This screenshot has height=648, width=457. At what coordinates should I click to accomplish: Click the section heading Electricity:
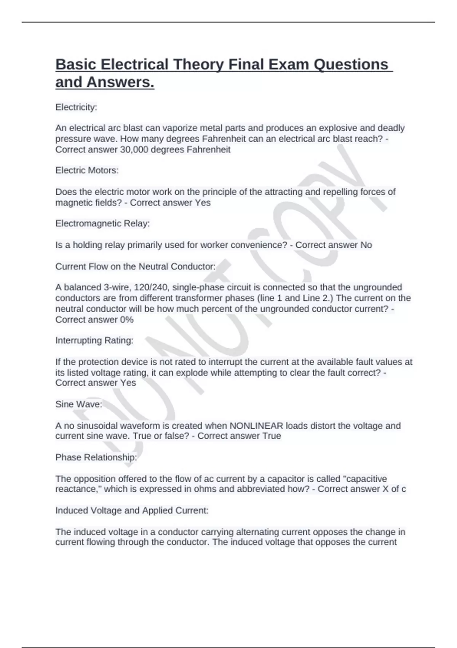click(x=76, y=107)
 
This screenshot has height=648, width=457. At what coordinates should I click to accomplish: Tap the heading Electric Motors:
click(x=87, y=170)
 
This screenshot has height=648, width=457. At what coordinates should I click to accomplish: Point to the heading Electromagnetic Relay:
click(x=102, y=223)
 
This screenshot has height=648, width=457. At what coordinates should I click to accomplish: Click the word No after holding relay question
click(x=366, y=245)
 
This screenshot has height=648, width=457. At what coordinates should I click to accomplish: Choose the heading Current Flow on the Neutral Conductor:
click(x=135, y=266)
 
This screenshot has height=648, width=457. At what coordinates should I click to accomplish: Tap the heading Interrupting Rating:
click(x=94, y=340)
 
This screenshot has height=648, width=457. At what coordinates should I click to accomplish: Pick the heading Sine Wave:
click(x=78, y=404)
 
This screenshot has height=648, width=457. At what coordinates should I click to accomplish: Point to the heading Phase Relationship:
click(x=96, y=457)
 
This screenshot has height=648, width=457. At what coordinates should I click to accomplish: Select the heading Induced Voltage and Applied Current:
click(x=132, y=510)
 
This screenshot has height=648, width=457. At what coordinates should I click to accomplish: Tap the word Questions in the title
click(x=351, y=65)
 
